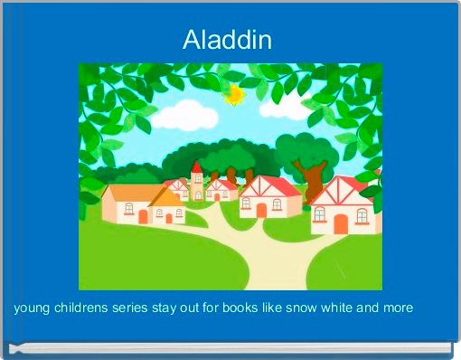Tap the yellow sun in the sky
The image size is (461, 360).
tap(235, 93)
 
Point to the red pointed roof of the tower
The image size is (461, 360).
tap(197, 167)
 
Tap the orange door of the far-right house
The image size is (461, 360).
tap(339, 223)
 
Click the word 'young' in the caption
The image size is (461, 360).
tap(33, 308)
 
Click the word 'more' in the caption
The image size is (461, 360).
tap(399, 308)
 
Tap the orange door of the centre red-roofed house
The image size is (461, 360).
tap(261, 210)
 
